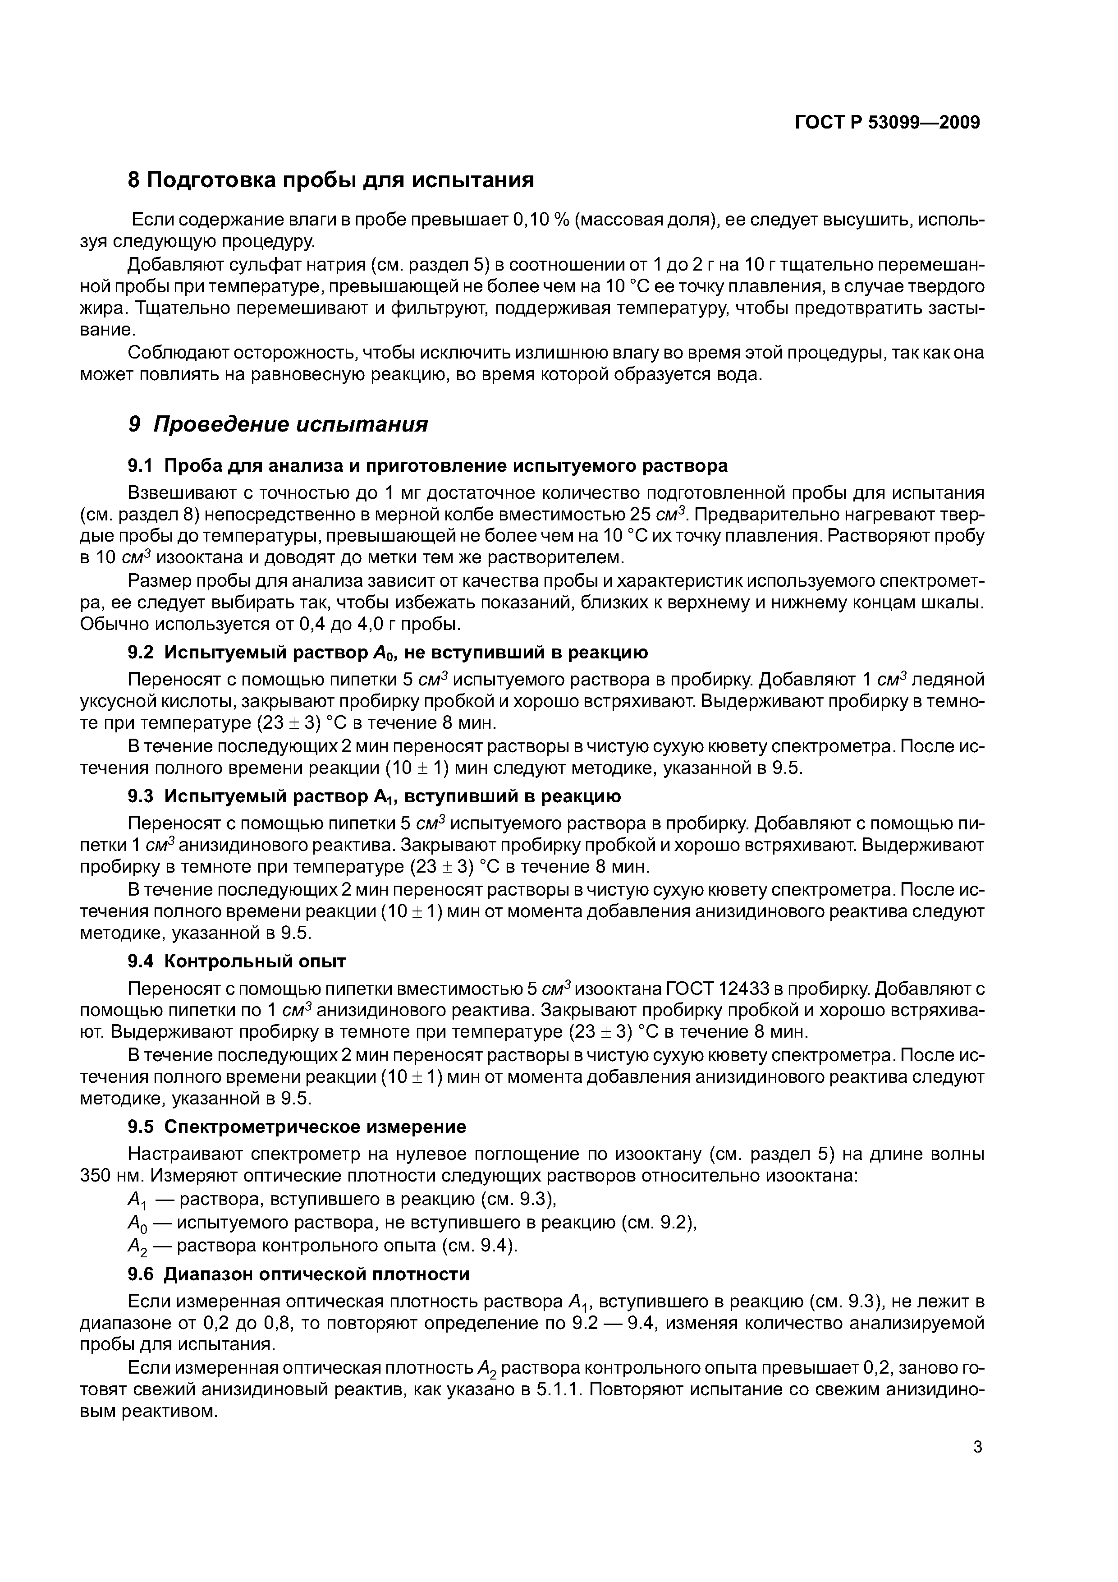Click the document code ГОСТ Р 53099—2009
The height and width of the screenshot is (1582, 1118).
click(x=887, y=123)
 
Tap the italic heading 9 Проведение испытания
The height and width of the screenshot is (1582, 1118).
click(x=278, y=424)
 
